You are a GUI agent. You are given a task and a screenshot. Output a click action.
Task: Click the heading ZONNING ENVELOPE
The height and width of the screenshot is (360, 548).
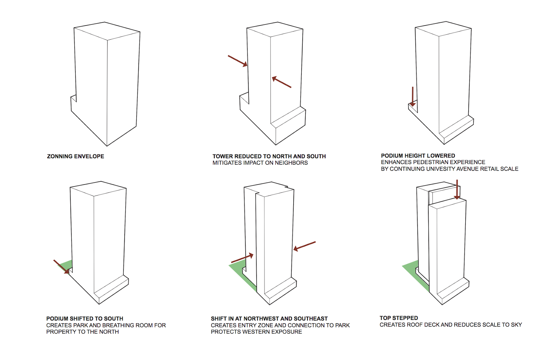[x=75, y=156]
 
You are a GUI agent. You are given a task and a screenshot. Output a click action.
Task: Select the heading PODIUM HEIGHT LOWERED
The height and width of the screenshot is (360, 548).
[x=418, y=156]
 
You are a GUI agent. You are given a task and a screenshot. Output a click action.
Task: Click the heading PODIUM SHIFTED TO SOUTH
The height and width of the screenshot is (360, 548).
[x=85, y=319]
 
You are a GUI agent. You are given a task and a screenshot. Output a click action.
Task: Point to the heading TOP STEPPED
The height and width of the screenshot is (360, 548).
[x=399, y=318]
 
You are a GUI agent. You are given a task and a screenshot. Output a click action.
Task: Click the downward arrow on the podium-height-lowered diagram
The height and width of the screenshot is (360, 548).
[x=413, y=97]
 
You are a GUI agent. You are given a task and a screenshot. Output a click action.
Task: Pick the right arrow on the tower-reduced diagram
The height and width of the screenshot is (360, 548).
[x=282, y=82]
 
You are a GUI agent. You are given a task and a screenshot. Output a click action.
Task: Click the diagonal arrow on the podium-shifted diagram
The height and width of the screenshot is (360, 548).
[x=61, y=266]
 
